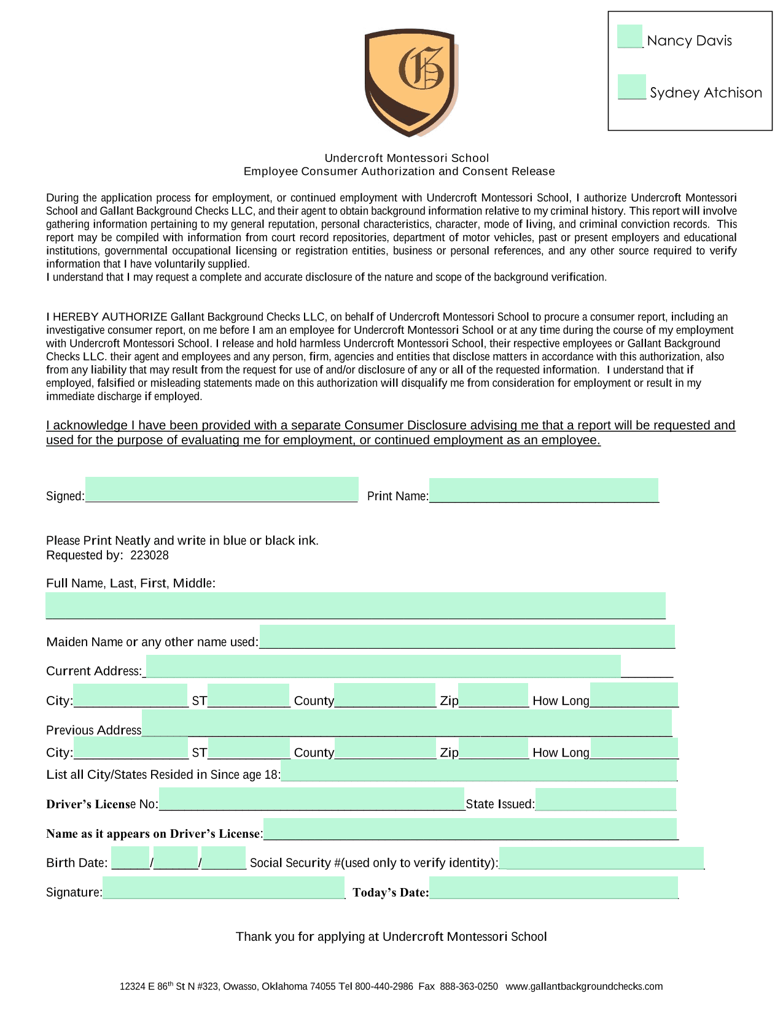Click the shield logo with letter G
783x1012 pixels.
click(x=410, y=82)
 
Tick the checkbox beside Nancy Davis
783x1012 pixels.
click(x=629, y=37)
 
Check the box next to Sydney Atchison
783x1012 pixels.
click(x=631, y=87)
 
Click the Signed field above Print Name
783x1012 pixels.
click(x=222, y=490)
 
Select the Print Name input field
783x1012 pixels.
click(x=543, y=490)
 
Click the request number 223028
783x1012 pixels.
click(x=149, y=555)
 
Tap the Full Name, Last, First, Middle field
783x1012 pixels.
click(x=356, y=605)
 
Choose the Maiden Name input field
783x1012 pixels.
click(x=467, y=636)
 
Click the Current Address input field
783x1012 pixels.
click(x=383, y=666)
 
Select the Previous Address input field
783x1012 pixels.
click(x=407, y=723)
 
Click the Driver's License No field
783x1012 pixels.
click(x=311, y=799)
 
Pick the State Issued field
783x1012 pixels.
click(x=606, y=799)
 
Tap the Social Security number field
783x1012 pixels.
click(x=601, y=858)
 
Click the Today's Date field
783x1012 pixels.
click(x=553, y=887)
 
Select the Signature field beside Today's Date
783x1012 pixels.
click(x=224, y=887)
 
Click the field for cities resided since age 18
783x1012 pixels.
click(x=478, y=770)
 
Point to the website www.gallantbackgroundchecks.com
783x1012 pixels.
click(x=584, y=986)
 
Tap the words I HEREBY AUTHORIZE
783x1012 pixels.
click(x=107, y=317)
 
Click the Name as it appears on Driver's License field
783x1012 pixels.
click(x=470, y=829)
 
